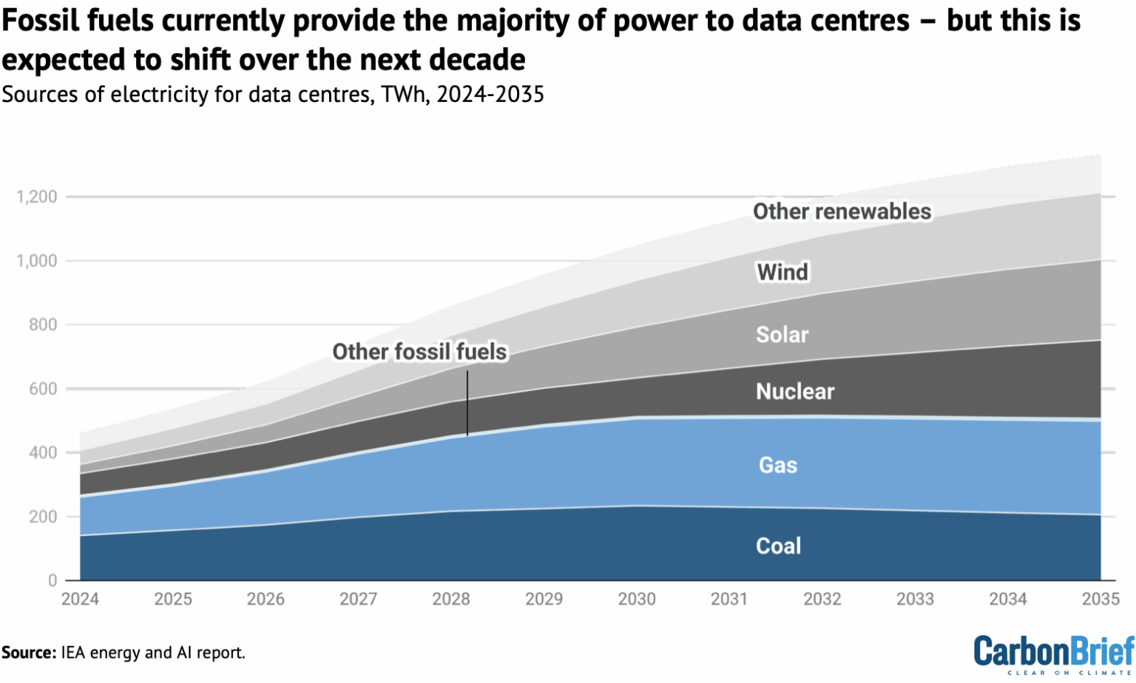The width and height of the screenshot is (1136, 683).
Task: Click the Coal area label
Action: (778, 546)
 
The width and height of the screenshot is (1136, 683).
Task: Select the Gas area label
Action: (778, 466)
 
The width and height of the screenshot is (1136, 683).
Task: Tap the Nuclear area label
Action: (795, 392)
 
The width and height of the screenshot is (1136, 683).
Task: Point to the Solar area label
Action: (782, 335)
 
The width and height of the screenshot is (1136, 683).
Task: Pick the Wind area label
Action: (782, 272)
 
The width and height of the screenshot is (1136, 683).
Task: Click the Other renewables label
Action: (842, 212)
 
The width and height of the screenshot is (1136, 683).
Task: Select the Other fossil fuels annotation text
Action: (419, 352)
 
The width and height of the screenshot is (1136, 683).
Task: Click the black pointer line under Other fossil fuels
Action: (467, 404)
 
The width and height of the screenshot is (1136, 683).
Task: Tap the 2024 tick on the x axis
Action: (80, 599)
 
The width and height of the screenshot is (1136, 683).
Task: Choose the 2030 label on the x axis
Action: (637, 599)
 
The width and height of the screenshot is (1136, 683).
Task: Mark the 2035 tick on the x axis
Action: (1100, 599)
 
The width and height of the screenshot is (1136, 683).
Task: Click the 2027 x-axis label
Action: (359, 599)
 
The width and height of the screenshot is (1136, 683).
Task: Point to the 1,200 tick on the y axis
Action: (37, 197)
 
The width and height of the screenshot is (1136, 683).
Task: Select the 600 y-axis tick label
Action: (43, 389)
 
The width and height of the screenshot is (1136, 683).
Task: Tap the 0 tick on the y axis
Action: (53, 581)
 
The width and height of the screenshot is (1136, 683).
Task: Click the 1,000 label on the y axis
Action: (37, 261)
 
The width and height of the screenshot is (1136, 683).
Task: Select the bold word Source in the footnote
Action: (28, 653)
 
